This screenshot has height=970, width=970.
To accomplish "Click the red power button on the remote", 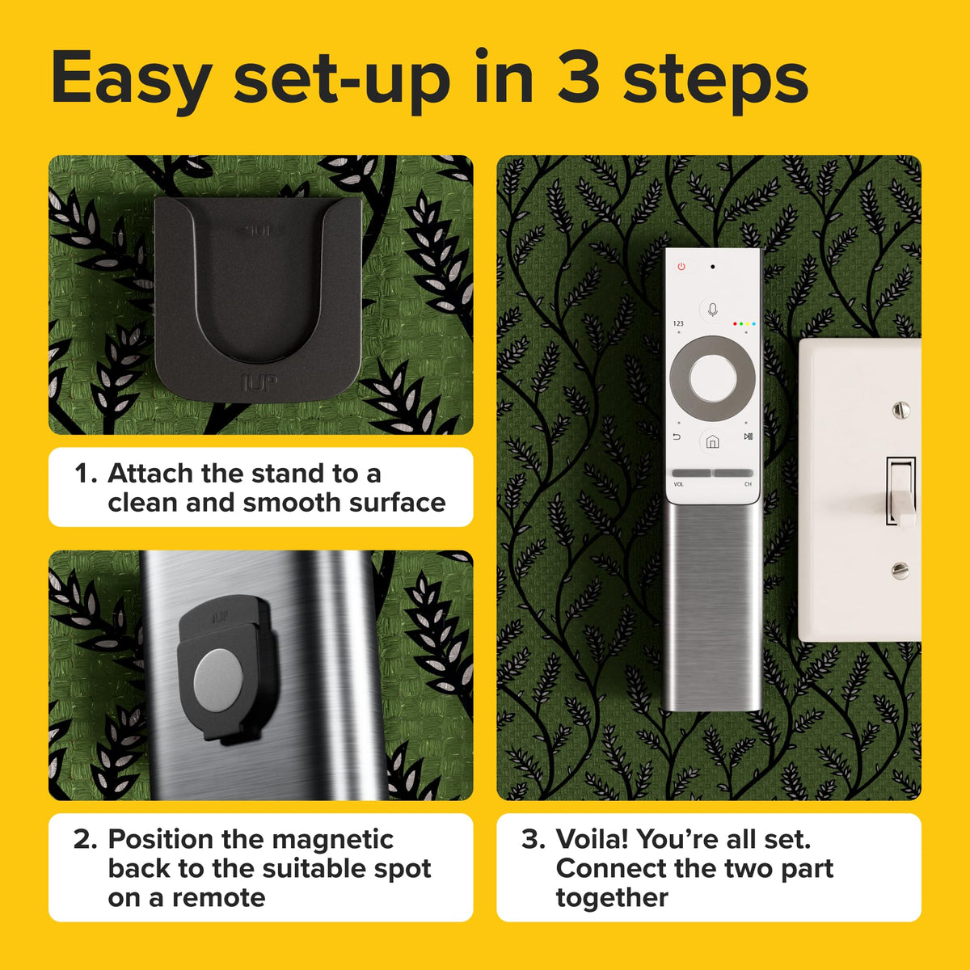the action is pos(681,266).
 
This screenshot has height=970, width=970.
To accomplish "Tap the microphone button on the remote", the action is pos(712,310).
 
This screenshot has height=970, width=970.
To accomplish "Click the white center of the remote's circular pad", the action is pos(712,378).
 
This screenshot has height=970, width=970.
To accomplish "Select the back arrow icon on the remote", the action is pos(677,436).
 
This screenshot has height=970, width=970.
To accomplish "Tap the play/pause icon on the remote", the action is pos(748,436).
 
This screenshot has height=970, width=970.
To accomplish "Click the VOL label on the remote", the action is pos(678,484).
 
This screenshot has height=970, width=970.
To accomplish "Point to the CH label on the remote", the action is pos(748,484).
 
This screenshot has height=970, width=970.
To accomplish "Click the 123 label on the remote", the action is pos(678,323).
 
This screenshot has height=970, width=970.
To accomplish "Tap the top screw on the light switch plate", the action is pos(900,411).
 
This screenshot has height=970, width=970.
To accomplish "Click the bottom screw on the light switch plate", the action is pos(900,571).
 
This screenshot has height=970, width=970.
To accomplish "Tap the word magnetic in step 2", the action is pos(332,840).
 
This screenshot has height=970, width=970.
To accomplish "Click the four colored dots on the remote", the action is pos(744,323).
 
